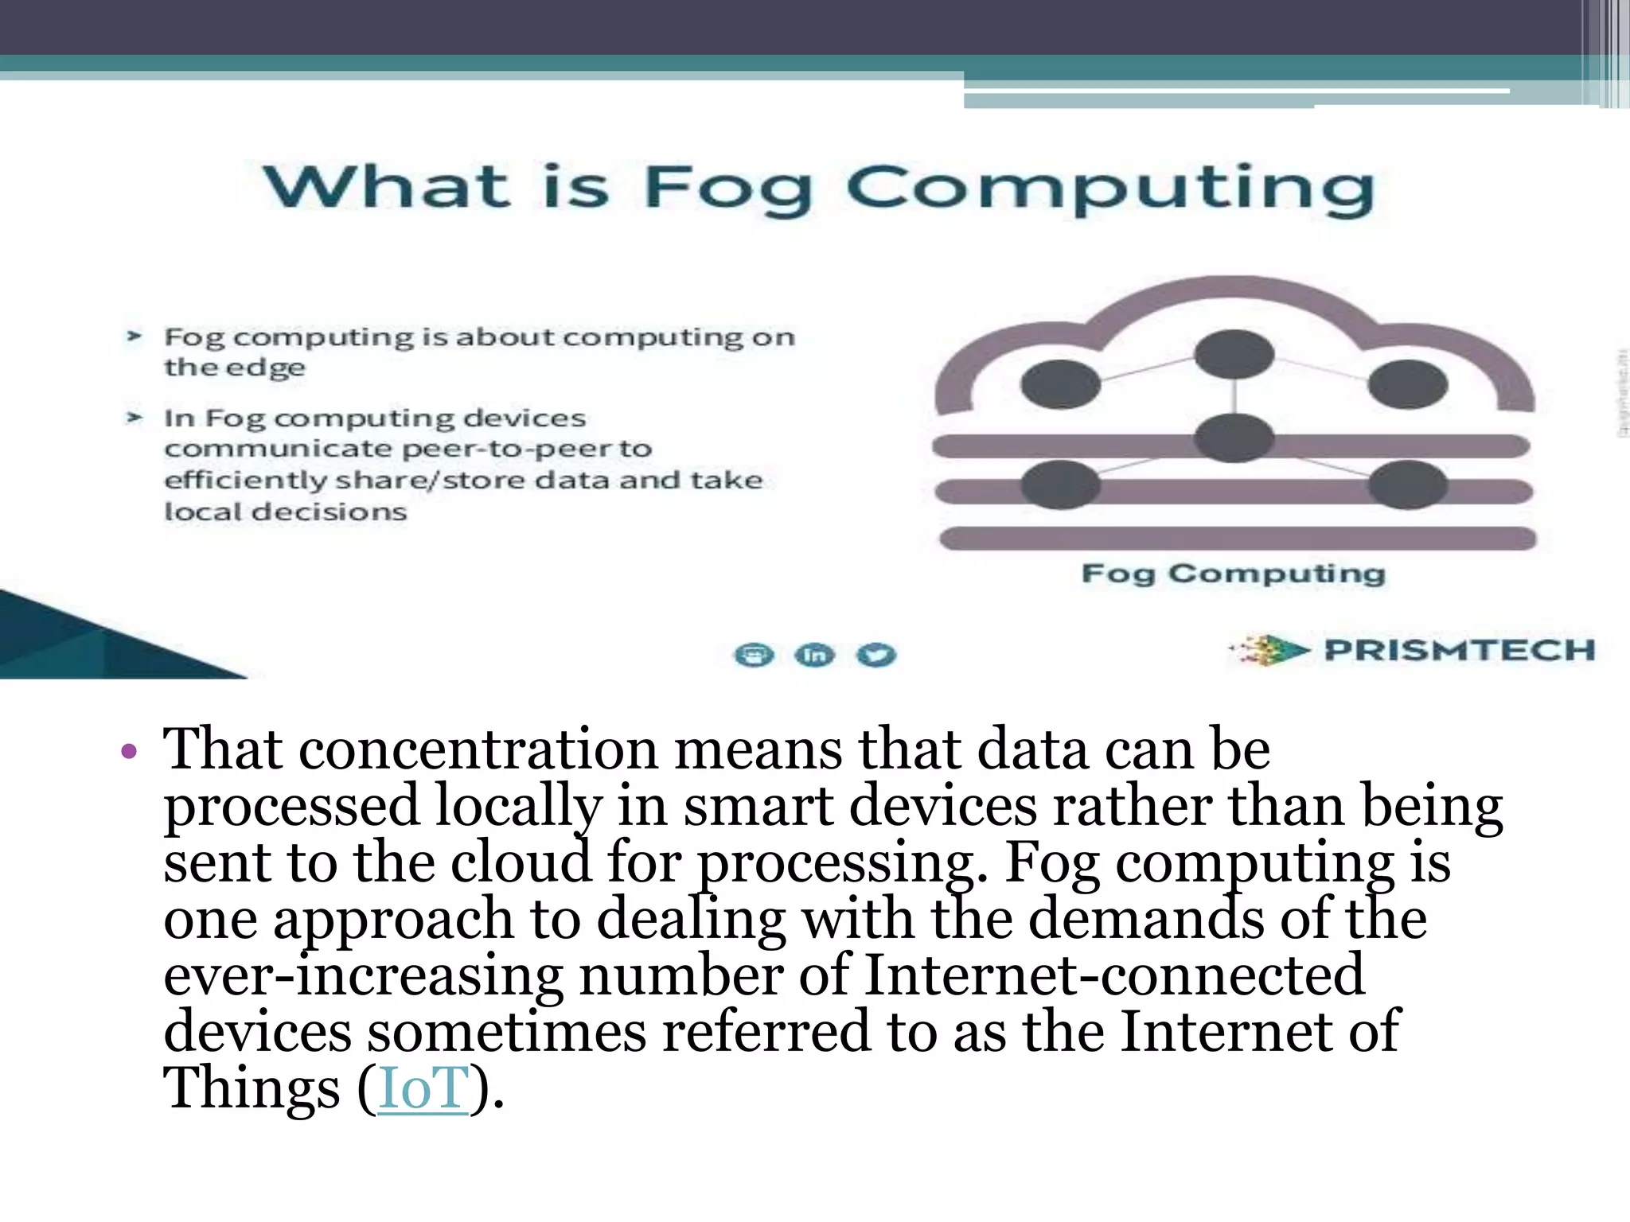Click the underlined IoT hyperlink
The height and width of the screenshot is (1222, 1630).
(x=423, y=1088)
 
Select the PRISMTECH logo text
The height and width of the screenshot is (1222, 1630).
(x=1459, y=650)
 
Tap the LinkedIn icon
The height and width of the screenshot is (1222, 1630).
(x=814, y=655)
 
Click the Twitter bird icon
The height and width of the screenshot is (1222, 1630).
(x=875, y=655)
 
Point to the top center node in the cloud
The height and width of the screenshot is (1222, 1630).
(x=1234, y=354)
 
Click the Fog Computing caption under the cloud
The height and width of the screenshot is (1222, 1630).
(x=1233, y=574)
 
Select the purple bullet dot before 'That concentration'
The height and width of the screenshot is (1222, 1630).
(x=129, y=751)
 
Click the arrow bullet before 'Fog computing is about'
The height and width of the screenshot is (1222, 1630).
(x=134, y=337)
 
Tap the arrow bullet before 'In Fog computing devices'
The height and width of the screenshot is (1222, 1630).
(x=134, y=418)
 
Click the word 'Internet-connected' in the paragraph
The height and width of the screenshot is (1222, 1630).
(x=1114, y=975)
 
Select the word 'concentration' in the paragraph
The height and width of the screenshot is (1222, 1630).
(x=478, y=749)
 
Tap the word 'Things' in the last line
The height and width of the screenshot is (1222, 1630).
(x=252, y=1088)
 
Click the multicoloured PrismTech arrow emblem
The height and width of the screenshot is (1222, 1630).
(x=1269, y=650)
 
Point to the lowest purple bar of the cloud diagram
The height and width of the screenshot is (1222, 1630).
(x=1237, y=539)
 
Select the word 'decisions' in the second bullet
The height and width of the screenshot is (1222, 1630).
(x=329, y=512)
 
